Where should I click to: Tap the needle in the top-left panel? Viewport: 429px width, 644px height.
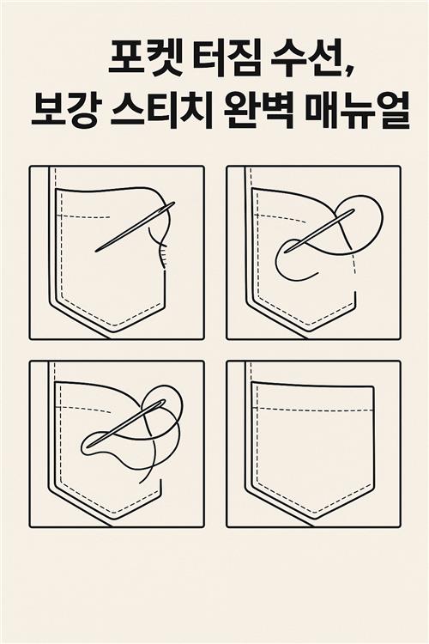[x=135, y=227]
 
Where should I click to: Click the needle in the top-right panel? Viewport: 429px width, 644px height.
[x=320, y=231]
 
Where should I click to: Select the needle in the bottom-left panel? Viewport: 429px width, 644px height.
[x=126, y=423]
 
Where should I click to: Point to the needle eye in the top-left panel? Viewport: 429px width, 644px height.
[x=167, y=208]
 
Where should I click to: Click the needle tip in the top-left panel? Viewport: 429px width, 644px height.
[x=96, y=251]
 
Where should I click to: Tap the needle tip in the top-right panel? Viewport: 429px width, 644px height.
[x=287, y=252]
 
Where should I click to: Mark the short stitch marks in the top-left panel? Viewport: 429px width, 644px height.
[x=163, y=257]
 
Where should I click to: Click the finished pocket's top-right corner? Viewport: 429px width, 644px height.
[x=373, y=387]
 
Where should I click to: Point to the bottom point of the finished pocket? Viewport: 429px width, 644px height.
[x=316, y=513]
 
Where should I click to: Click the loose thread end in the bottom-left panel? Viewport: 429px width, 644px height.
[x=141, y=483]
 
